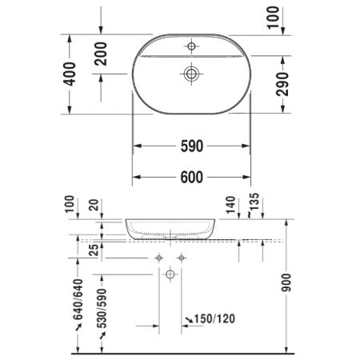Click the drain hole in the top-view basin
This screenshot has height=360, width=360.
[x=191, y=74]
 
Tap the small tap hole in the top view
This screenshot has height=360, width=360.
[x=191, y=45]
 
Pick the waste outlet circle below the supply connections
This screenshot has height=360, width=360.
[x=170, y=275]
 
